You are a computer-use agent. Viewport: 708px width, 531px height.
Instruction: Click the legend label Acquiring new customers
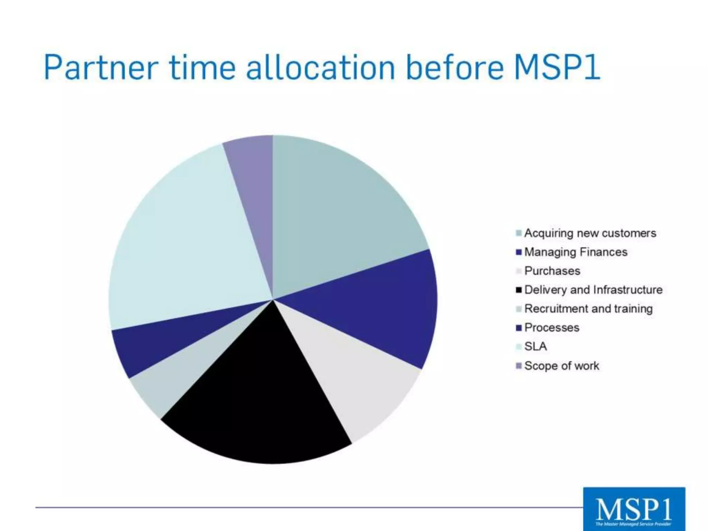click(590, 233)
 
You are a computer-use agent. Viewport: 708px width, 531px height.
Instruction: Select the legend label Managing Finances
click(576, 252)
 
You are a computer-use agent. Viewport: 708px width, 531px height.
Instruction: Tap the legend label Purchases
click(552, 271)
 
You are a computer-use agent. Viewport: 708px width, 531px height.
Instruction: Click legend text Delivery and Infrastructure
click(593, 290)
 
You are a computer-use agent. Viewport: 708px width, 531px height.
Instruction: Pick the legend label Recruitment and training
click(588, 309)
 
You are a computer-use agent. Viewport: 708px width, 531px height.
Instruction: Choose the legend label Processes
click(552, 327)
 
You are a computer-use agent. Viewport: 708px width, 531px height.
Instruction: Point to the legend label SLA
click(535, 346)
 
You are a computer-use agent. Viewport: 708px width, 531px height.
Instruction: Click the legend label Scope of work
click(561, 366)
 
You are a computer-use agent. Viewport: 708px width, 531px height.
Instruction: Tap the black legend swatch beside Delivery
click(519, 290)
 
